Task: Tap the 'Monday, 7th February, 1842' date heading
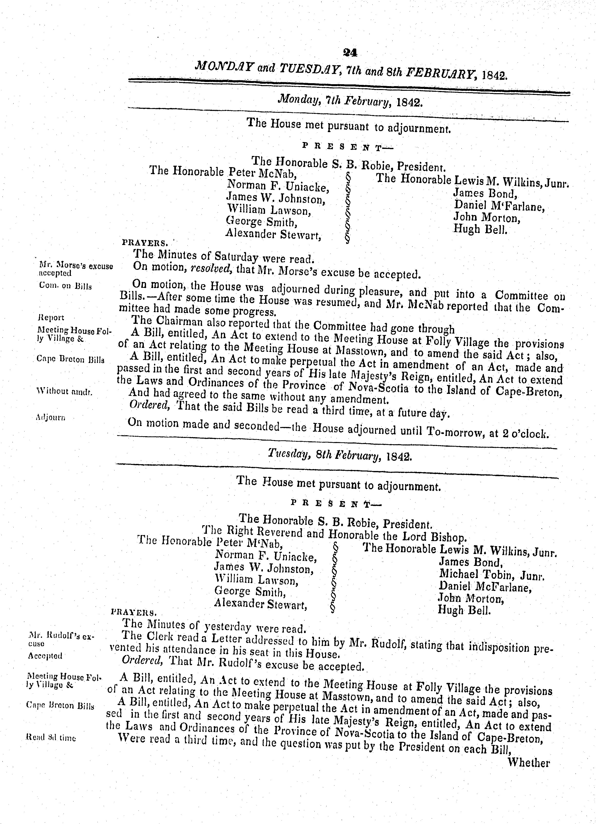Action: pyautogui.click(x=350, y=101)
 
